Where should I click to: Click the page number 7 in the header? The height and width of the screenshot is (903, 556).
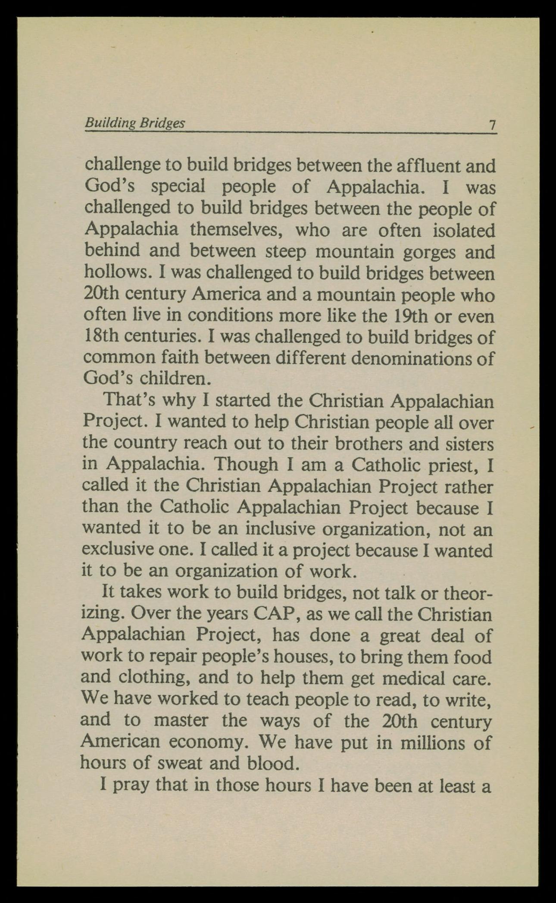coord(492,125)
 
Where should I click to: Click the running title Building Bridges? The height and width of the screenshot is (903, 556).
coord(135,123)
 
